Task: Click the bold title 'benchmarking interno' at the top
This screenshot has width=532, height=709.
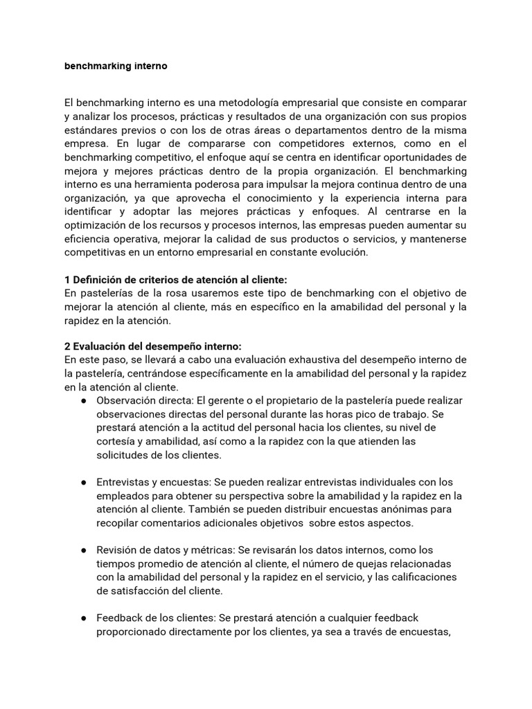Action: click(x=116, y=66)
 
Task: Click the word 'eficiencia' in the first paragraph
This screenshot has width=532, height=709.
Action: click(x=90, y=238)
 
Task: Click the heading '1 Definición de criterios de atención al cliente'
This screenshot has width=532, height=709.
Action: click(x=175, y=280)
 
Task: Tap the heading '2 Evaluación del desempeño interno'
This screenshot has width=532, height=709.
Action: click(x=153, y=346)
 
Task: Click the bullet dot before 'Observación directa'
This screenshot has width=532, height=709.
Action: click(x=83, y=401)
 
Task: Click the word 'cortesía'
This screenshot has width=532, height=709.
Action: click(x=117, y=441)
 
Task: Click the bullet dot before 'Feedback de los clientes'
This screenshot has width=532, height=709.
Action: click(x=83, y=617)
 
